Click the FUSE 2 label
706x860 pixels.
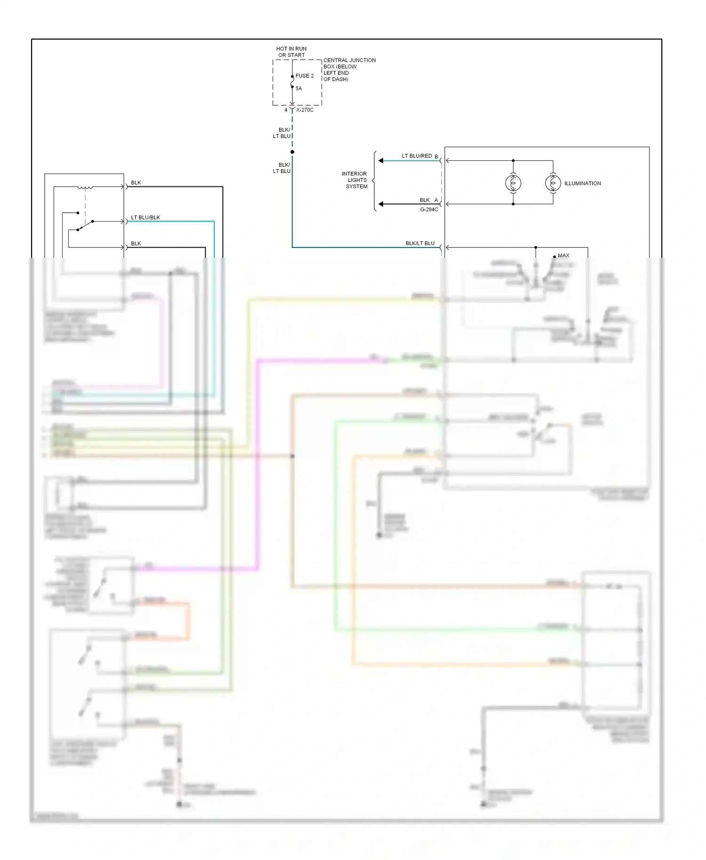pos(305,76)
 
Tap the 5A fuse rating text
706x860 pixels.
pos(298,88)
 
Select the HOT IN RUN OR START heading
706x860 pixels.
pos(291,52)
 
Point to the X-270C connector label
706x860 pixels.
pos(305,110)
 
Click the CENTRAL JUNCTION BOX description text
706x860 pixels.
pos(349,70)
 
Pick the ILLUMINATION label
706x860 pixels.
pos(582,183)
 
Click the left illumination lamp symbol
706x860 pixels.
pos(513,183)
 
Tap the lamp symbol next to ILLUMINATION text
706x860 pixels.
pos(553,183)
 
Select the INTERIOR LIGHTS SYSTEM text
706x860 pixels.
pos(355,180)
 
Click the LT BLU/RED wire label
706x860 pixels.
pos(417,156)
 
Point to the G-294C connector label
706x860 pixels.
pos(429,209)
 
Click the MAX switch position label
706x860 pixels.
pos(563,255)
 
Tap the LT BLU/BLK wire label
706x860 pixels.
pos(145,217)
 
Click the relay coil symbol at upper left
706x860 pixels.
pos(85,188)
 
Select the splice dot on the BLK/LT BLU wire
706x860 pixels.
pos(292,152)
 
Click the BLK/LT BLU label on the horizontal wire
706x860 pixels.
pos(420,243)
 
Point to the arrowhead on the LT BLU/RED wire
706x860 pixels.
pos(381,161)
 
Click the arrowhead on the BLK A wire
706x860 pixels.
pos(381,204)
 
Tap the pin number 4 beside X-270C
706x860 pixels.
pos(286,110)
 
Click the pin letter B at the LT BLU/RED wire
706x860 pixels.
pos(436,157)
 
